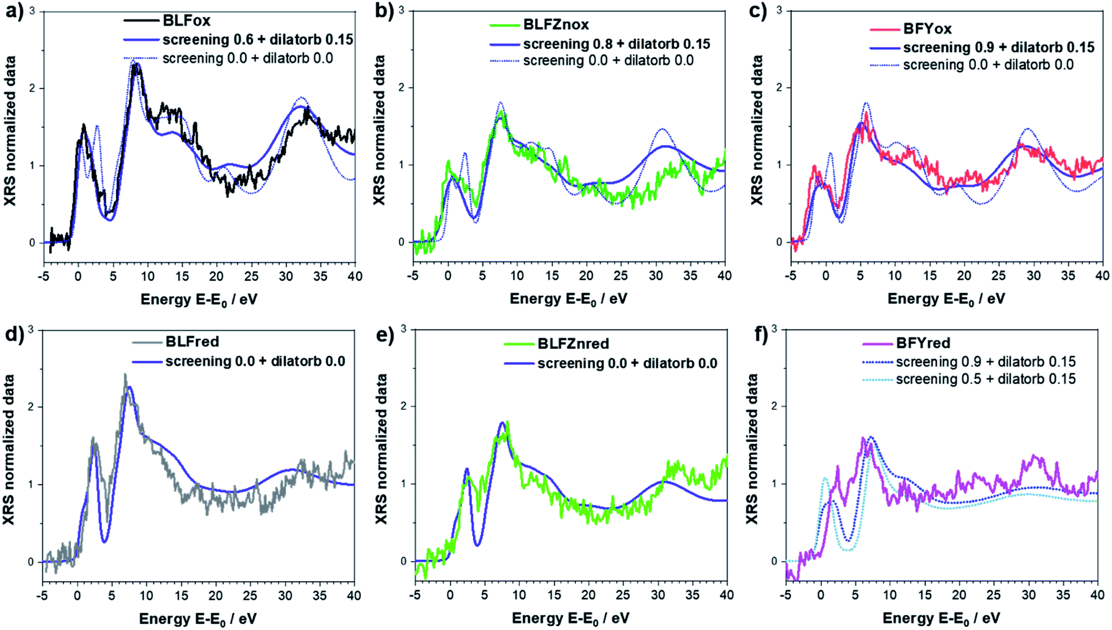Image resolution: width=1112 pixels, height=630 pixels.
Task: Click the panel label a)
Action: coord(15,12)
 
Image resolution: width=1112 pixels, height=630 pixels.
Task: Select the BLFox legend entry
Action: coord(186,21)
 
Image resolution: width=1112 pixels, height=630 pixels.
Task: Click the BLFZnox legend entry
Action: coord(555,25)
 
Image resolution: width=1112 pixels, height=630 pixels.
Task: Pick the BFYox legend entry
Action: coord(927,28)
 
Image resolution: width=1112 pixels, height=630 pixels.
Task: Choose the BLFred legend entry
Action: coord(192,342)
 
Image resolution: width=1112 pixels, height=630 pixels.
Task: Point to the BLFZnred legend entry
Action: coord(572,344)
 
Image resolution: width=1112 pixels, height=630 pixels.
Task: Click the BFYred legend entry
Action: coord(923,343)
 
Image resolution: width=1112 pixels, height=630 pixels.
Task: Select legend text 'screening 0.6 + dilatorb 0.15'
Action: coord(257,40)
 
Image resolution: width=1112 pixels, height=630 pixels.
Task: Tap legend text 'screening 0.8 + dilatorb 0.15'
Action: coord(616,44)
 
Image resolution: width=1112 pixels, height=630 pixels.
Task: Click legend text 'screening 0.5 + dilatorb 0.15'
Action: coord(985,379)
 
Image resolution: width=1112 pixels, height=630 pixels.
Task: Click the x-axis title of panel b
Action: coord(569,299)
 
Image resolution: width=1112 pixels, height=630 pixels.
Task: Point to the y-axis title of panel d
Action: coord(9,449)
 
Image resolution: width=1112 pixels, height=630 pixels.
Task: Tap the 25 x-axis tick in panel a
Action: coord(251,276)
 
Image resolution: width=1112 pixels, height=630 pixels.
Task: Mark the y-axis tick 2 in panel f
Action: coord(774,406)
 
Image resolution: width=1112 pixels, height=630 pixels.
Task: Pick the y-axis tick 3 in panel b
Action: coord(402,10)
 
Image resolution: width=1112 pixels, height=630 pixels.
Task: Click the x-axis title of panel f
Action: coord(941,619)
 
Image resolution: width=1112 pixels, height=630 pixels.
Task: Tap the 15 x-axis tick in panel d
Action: coord(181,595)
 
